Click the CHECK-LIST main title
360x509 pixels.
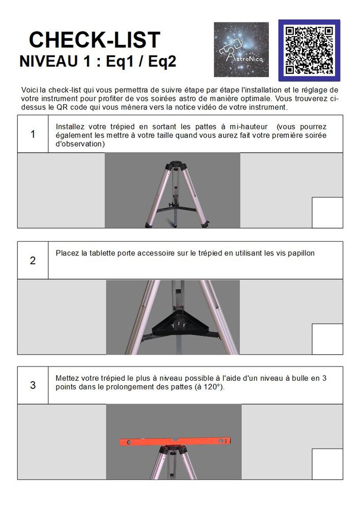click(94, 40)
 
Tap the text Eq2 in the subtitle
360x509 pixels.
click(160, 61)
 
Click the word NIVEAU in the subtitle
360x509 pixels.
click(48, 61)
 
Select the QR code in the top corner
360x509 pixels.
click(309, 50)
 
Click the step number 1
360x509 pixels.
click(33, 134)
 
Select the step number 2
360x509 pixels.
click(33, 261)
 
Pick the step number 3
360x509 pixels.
click(33, 385)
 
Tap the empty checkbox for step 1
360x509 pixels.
click(327, 212)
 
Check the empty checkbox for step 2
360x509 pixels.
click(327, 339)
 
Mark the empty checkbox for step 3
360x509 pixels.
click(327, 464)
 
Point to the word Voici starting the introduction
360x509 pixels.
click(30, 90)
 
